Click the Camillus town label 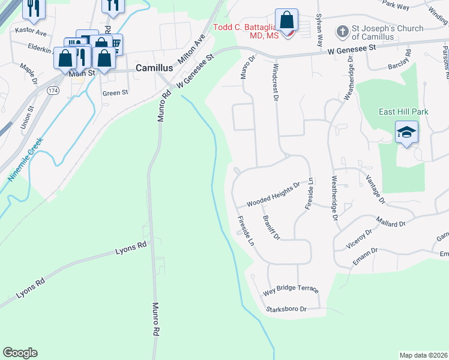point(155,68)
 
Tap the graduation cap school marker point(406,132)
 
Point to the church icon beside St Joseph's point(342,31)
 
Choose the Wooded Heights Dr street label point(273,195)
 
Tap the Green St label point(115,93)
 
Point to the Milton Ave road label point(192,50)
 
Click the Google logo point(20,353)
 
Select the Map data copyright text point(424,355)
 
